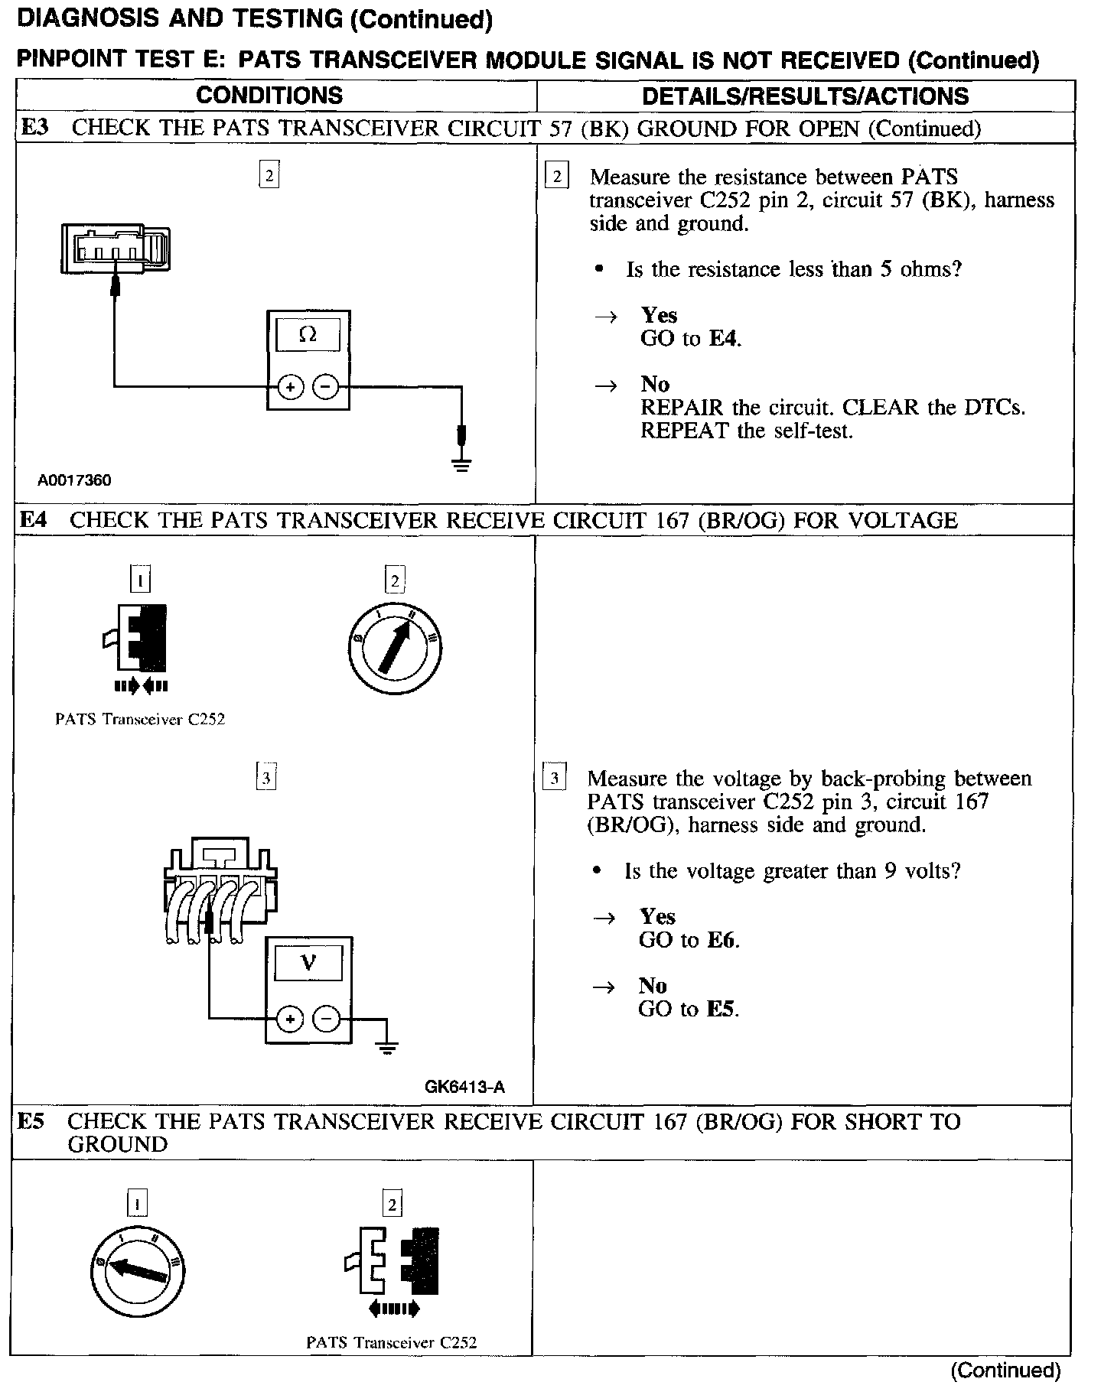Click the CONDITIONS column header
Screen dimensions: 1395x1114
(269, 96)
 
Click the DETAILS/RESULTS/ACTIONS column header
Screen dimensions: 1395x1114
(805, 96)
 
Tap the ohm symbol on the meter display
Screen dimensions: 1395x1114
(308, 334)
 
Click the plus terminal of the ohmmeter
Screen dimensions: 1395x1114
(290, 388)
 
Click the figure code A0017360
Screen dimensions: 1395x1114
(74, 480)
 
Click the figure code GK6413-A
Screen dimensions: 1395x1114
(464, 1087)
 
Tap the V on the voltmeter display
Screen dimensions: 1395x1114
(308, 962)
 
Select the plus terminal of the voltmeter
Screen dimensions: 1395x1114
(290, 1019)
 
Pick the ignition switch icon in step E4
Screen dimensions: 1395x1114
(394, 649)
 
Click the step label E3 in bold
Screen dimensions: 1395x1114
(34, 128)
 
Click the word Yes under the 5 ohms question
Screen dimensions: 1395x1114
(659, 315)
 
